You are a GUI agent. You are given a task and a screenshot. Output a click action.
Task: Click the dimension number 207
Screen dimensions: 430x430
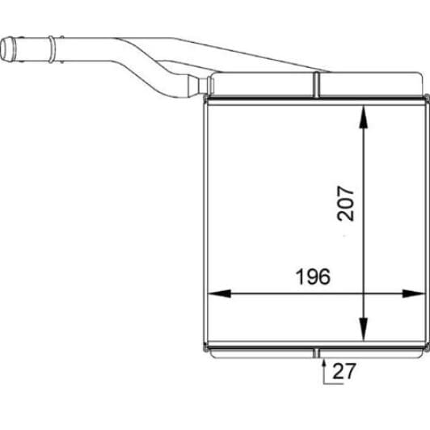345,204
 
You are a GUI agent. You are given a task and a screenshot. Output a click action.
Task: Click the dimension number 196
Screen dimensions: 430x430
314,276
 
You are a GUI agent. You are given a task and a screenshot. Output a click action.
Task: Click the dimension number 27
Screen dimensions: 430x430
344,371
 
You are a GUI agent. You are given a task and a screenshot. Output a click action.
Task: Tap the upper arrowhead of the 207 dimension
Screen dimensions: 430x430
364,117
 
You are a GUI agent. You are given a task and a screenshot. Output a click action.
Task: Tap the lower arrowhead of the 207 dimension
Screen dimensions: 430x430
364,328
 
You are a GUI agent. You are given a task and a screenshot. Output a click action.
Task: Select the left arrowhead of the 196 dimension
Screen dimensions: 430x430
219,293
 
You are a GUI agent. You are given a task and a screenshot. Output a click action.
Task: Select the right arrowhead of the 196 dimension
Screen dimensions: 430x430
413,293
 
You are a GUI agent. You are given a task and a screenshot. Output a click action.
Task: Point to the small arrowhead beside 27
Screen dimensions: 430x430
324,363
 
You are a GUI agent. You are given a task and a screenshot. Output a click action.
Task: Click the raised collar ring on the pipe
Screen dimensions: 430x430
52,49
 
